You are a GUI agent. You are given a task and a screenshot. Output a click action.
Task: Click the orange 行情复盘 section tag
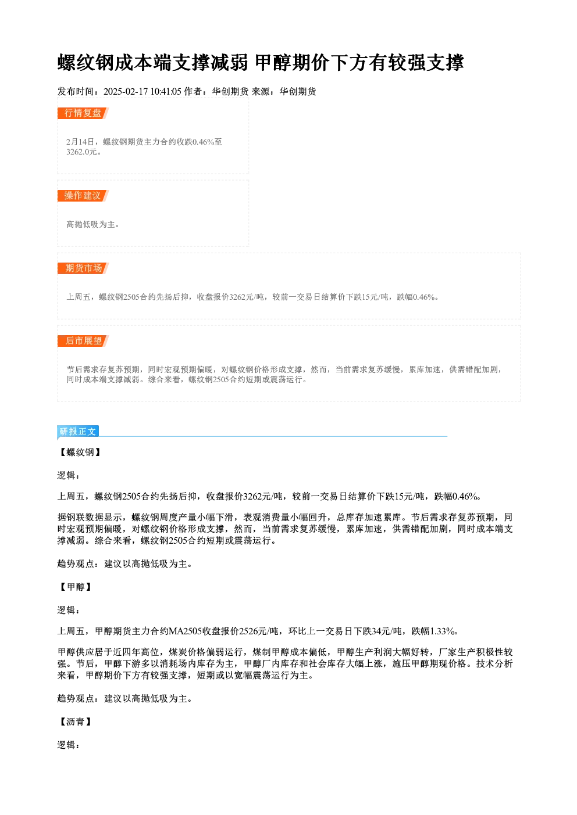point(83,113)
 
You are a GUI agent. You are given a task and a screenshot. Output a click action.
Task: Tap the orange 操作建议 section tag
point(83,196)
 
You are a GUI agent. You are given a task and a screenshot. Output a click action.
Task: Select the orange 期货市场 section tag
point(83,268)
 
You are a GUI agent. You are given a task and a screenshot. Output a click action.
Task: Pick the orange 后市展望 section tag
point(83,342)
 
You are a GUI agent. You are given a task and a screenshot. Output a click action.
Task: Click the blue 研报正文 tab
point(78,432)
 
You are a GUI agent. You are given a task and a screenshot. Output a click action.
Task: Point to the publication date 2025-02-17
point(126,91)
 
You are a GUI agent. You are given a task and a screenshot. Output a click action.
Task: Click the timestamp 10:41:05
point(166,91)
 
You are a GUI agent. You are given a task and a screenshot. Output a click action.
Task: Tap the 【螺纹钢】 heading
point(80,453)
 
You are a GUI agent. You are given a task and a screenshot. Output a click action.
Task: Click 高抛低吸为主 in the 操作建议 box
point(90,224)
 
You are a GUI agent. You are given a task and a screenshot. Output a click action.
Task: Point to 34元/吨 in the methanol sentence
point(387,631)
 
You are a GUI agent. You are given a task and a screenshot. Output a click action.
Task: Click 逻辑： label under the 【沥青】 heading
point(69,745)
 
